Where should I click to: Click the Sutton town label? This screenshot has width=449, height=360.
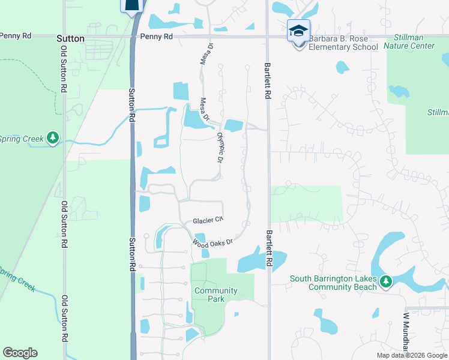pyautogui.click(x=70, y=38)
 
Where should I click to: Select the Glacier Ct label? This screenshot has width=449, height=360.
pyautogui.click(x=208, y=221)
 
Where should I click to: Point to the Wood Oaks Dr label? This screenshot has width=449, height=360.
pyautogui.click(x=212, y=242)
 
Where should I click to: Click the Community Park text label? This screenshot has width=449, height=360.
pyautogui.click(x=215, y=295)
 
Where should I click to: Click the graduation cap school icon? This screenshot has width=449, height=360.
pyautogui.click(x=298, y=31)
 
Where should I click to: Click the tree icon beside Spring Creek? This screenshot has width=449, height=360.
pyautogui.click(x=54, y=139)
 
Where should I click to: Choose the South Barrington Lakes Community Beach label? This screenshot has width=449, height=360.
pyautogui.click(x=333, y=283)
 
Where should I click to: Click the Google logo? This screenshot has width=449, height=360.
pyautogui.click(x=20, y=353)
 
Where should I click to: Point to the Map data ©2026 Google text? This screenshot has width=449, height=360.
pyautogui.click(x=411, y=355)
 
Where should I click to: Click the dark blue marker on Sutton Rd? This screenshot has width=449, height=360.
pyautogui.click(x=133, y=5)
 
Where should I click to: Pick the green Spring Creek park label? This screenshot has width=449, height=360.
pyautogui.click(x=22, y=139)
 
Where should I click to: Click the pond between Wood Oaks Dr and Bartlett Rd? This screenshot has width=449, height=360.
pyautogui.click(x=252, y=263)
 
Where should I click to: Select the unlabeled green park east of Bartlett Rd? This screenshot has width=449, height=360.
pyautogui.click(x=306, y=203)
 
